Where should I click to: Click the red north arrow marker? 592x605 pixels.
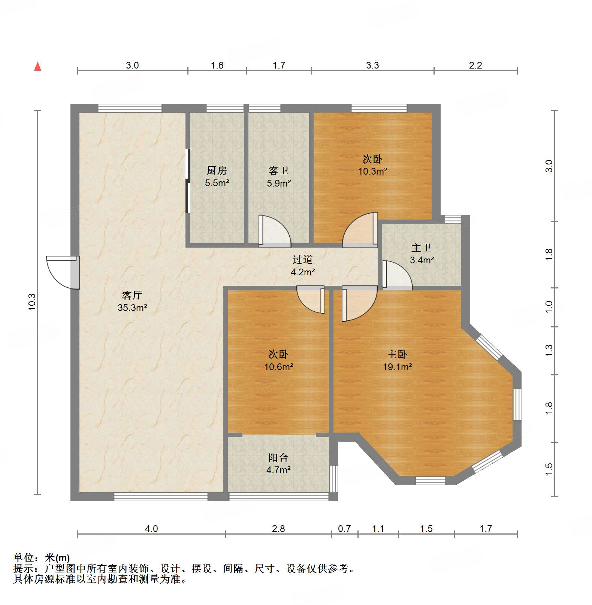[x=37, y=66]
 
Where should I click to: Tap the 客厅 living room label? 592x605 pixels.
[x=132, y=295]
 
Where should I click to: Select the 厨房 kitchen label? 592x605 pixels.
[x=217, y=171]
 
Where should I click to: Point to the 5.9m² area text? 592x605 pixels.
[x=279, y=183]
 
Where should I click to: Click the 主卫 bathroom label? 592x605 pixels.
[x=422, y=248]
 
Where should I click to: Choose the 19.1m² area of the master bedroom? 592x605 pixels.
[x=397, y=367]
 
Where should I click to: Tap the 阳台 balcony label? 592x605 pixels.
[x=278, y=457]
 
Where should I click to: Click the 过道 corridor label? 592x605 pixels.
[x=302, y=259]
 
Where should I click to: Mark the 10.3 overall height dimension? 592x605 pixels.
[x=32, y=302]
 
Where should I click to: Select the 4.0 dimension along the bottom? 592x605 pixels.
[x=151, y=529]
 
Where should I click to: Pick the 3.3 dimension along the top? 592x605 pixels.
[x=372, y=65]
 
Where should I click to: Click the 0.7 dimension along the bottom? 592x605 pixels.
[x=344, y=529]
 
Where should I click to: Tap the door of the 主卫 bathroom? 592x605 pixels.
[x=396, y=275]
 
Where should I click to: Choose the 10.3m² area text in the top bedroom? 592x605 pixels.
[x=372, y=171]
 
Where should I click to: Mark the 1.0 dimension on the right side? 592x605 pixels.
[x=549, y=307]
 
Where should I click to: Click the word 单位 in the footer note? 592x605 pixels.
[x=24, y=558]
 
